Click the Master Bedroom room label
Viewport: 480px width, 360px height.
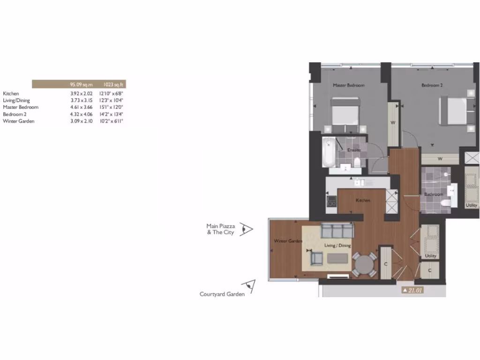(348, 85)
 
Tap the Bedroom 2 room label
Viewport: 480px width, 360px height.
(432, 85)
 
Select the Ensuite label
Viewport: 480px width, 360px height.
(354, 150)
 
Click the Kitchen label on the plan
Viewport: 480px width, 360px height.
(363, 200)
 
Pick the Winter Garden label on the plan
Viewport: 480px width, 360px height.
(288, 241)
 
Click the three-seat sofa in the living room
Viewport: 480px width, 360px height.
(337, 230)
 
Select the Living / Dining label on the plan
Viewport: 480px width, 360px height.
(337, 246)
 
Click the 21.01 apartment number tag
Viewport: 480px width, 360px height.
(414, 291)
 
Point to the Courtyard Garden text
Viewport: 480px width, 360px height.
(222, 294)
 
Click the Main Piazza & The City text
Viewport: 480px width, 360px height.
(221, 229)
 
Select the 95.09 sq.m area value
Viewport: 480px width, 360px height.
(81, 85)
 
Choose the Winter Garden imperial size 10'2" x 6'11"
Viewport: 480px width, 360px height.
(111, 121)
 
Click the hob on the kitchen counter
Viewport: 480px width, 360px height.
(331, 202)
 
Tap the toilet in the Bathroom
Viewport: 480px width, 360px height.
(445, 202)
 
